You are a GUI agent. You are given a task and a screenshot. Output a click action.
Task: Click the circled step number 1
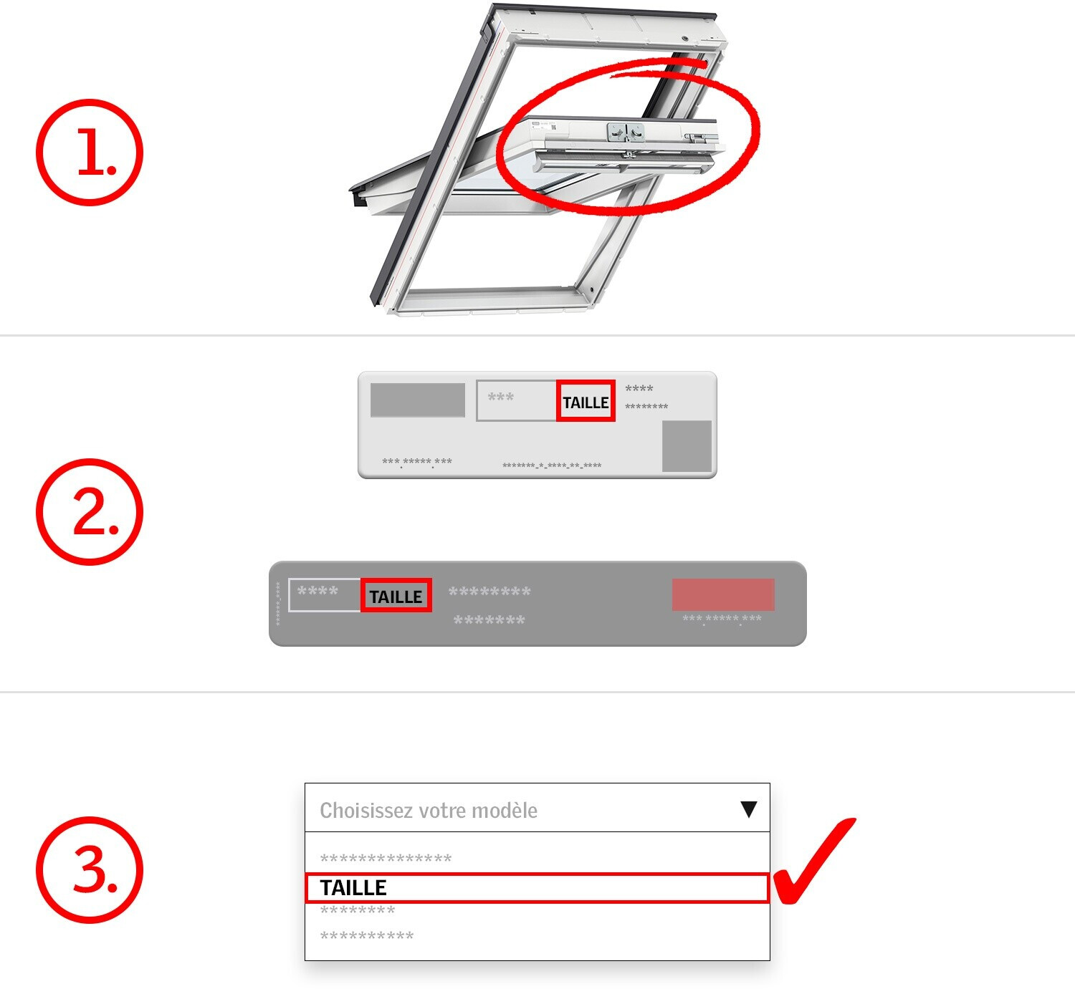click(x=90, y=152)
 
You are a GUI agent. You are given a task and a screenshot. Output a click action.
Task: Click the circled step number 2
click(x=90, y=511)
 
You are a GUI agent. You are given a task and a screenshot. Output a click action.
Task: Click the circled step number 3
click(x=90, y=870)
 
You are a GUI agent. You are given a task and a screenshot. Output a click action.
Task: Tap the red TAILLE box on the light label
click(x=586, y=401)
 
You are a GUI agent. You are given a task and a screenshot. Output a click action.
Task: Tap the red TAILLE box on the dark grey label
click(x=396, y=594)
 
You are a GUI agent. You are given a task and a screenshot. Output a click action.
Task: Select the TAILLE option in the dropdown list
click(x=537, y=888)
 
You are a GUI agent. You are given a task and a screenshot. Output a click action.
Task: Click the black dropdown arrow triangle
click(x=748, y=809)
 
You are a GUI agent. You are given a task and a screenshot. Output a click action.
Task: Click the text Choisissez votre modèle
click(x=428, y=810)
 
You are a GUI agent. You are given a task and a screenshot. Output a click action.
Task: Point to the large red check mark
click(x=813, y=861)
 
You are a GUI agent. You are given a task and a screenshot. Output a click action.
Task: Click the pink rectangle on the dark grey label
click(x=723, y=594)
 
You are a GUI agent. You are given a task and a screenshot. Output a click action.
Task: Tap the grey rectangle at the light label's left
click(x=418, y=400)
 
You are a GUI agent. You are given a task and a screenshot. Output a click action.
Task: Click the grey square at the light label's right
click(x=687, y=445)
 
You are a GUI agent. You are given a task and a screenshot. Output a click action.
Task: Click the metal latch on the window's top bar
click(x=625, y=132)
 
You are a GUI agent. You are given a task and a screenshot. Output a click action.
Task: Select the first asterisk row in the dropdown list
click(x=386, y=858)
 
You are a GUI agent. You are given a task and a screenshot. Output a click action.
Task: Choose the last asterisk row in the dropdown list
click(x=366, y=936)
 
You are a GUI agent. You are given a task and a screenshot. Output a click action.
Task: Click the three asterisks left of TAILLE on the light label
click(x=500, y=397)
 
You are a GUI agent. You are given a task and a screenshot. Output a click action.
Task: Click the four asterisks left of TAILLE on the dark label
click(x=317, y=591)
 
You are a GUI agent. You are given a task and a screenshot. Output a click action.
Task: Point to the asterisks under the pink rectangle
click(x=721, y=619)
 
